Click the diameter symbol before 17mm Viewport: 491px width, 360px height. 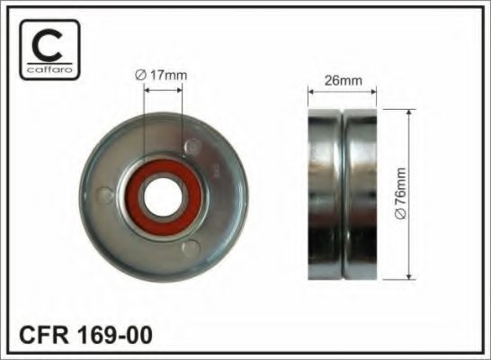[140, 76]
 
